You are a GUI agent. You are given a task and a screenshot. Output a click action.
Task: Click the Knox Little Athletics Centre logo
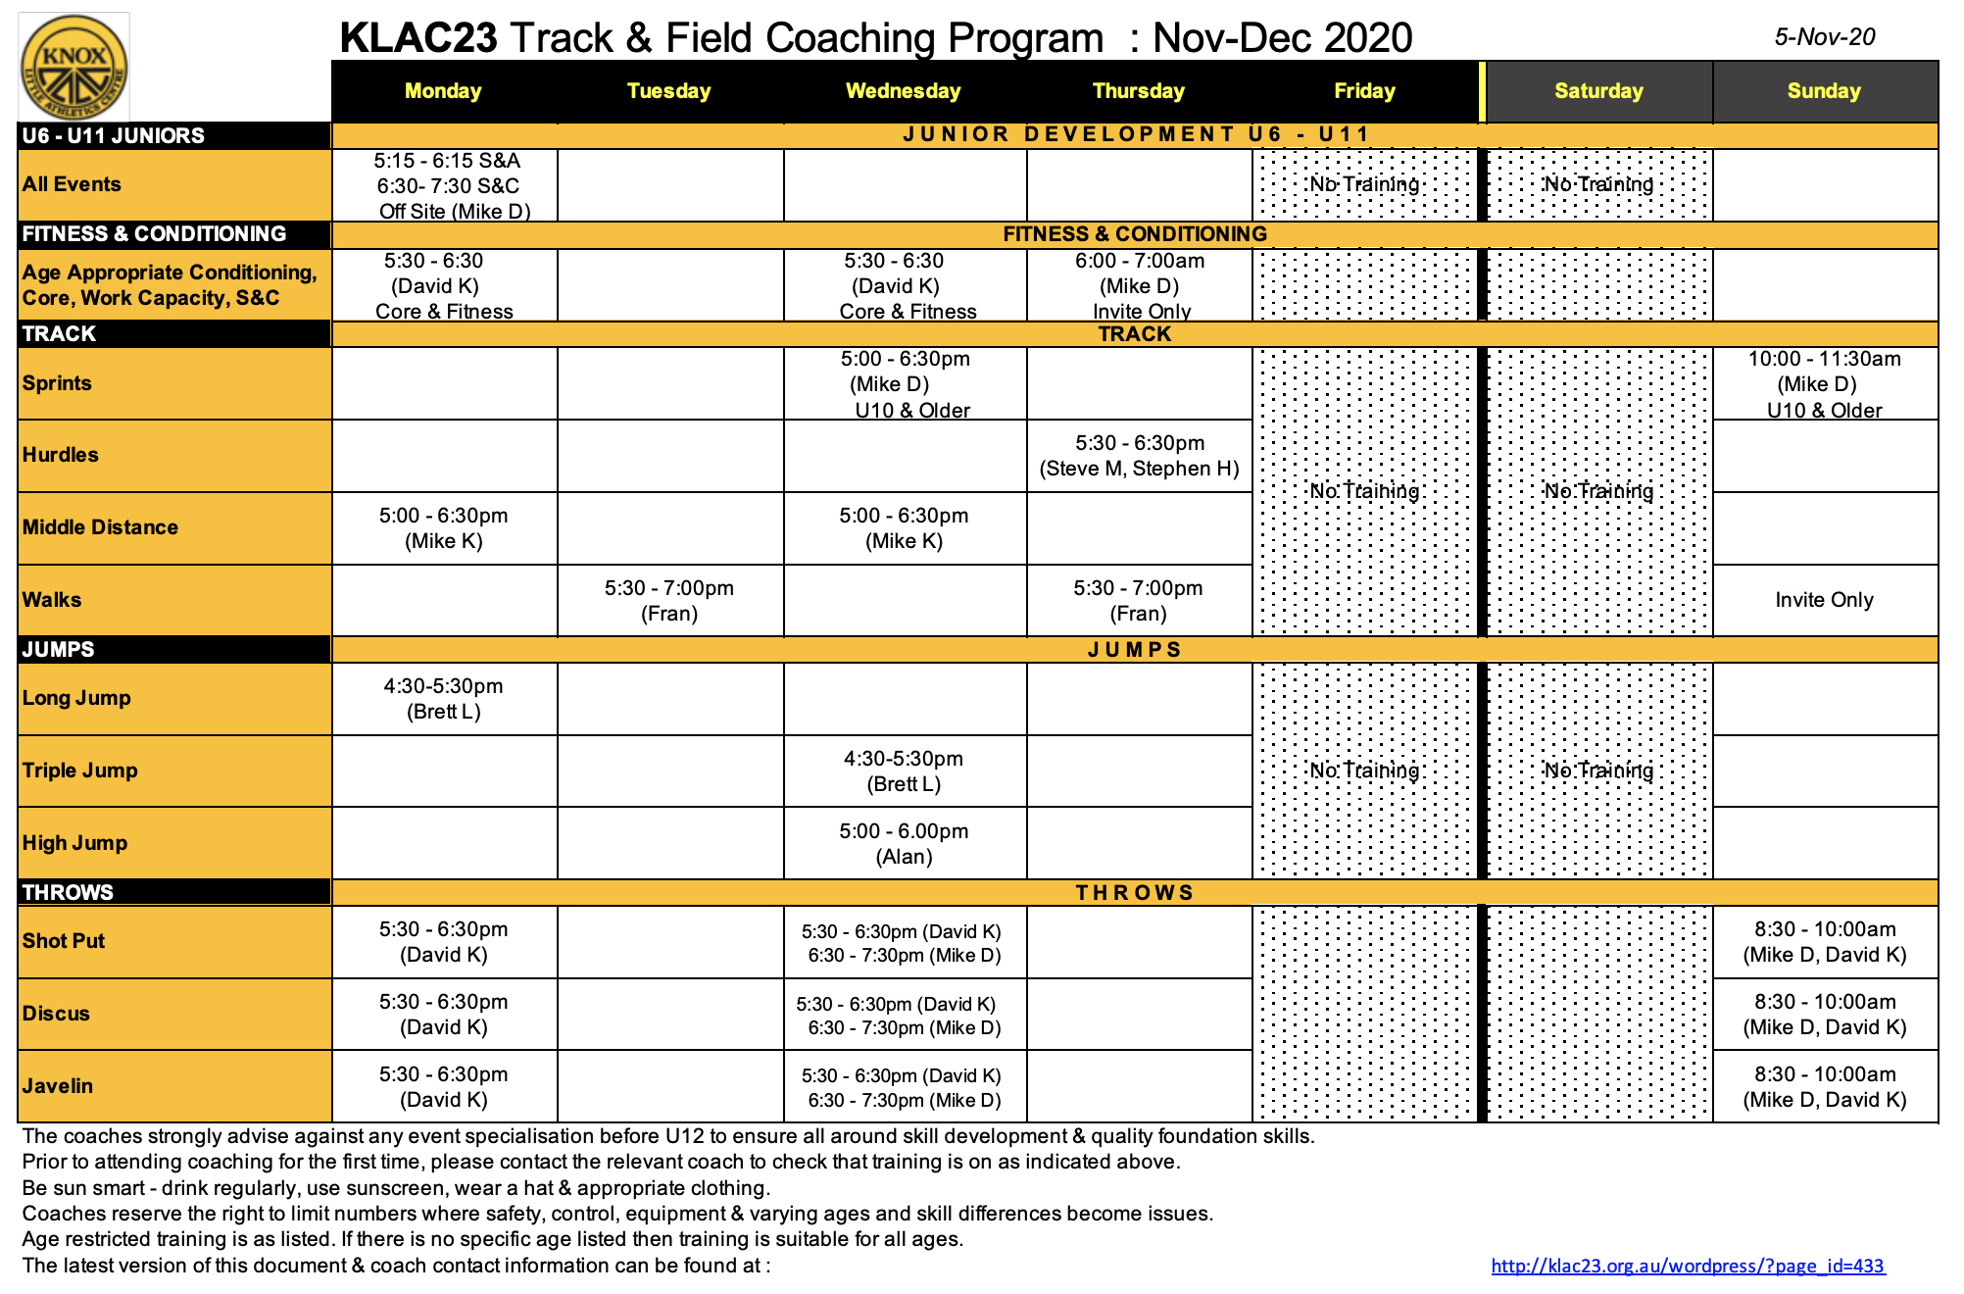click(x=74, y=67)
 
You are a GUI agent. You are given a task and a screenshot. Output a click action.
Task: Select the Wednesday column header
click(x=903, y=91)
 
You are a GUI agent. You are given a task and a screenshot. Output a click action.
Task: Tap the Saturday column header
click(x=1598, y=91)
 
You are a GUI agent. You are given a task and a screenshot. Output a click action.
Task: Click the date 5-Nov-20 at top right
click(x=1824, y=37)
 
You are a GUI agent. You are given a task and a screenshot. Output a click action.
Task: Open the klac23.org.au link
click(x=1687, y=1266)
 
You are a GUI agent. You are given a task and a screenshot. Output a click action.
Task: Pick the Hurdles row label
click(x=61, y=455)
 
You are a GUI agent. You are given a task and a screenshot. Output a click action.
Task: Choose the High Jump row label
click(x=74, y=843)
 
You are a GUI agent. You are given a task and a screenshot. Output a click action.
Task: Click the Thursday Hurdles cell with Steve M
click(x=1139, y=456)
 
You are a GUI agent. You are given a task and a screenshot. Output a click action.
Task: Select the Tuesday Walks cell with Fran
click(x=669, y=601)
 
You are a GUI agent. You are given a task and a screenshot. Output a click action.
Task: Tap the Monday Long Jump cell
click(x=444, y=699)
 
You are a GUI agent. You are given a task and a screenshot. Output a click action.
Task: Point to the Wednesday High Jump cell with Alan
click(x=904, y=844)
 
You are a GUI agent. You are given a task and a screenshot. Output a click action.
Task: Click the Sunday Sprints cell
click(x=1824, y=384)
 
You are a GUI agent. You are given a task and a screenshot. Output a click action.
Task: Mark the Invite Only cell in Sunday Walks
click(x=1824, y=600)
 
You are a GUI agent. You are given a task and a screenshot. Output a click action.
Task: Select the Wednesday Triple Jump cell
click(x=904, y=771)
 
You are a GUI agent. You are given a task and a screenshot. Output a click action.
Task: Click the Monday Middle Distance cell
click(x=444, y=528)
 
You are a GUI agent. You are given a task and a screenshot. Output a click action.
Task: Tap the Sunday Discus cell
click(x=1824, y=1015)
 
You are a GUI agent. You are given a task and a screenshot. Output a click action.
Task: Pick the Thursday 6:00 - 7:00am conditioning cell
click(x=1139, y=285)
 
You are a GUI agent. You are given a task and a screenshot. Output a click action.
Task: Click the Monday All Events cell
click(x=448, y=185)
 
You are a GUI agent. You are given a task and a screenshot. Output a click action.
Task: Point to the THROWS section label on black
click(x=68, y=892)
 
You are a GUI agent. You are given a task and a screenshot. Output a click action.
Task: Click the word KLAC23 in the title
click(x=418, y=38)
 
